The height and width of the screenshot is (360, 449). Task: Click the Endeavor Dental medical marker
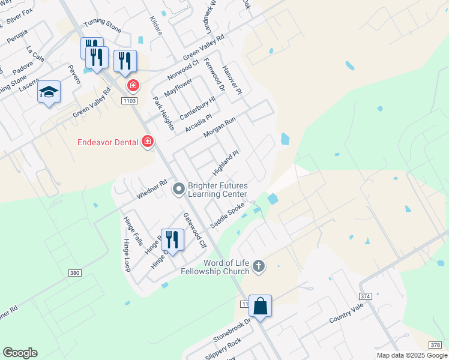click(x=147, y=142)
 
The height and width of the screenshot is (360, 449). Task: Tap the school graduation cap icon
click(x=49, y=92)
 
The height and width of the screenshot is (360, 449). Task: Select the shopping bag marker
click(x=261, y=306)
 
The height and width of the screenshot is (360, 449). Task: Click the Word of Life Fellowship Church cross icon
click(x=259, y=265)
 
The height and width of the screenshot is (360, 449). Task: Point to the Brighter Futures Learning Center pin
click(x=178, y=189)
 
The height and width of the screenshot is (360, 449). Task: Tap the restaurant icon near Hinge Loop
click(x=172, y=239)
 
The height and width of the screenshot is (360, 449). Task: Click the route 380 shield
click(x=74, y=273)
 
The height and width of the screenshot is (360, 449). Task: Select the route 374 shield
click(x=367, y=296)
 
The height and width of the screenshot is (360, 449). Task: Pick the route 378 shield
click(x=436, y=344)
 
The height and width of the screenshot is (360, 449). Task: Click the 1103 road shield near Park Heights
click(x=128, y=100)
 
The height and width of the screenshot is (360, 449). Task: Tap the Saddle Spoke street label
click(x=228, y=215)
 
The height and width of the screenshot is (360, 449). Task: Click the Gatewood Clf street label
click(x=194, y=231)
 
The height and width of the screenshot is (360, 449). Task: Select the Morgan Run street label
click(x=220, y=128)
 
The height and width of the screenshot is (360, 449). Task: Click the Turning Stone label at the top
click(x=102, y=22)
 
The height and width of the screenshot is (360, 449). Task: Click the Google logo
click(x=20, y=353)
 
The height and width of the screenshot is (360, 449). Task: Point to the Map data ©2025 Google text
click(x=411, y=355)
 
